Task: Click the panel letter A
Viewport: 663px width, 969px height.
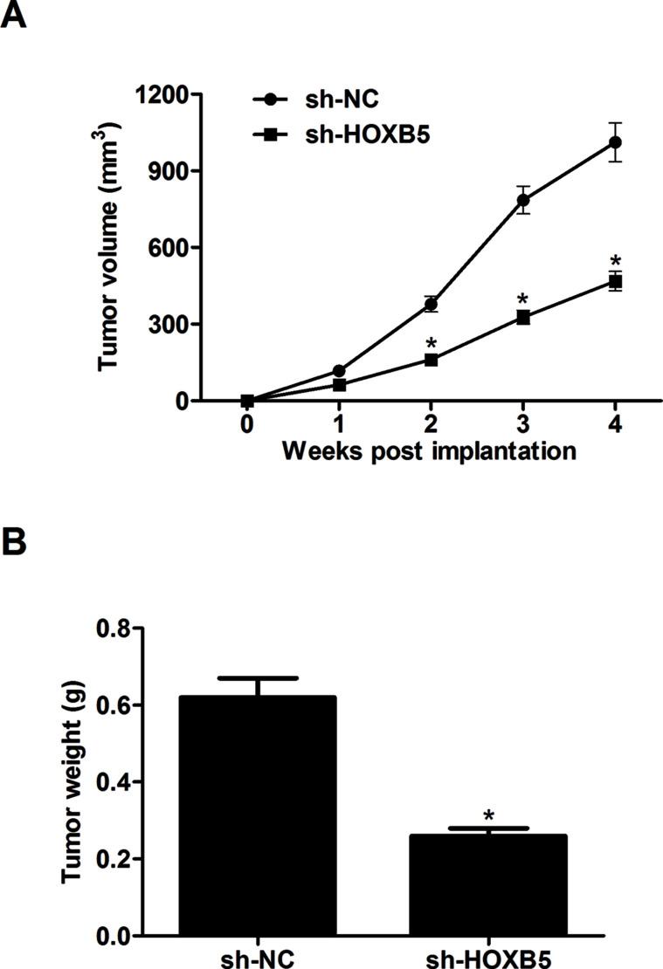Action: point(13,15)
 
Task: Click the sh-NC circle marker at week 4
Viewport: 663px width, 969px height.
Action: point(615,141)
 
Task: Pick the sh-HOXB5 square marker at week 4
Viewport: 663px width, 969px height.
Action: point(615,281)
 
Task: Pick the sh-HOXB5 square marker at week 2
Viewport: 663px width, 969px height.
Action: point(432,359)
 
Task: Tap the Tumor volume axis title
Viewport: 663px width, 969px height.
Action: point(109,247)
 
